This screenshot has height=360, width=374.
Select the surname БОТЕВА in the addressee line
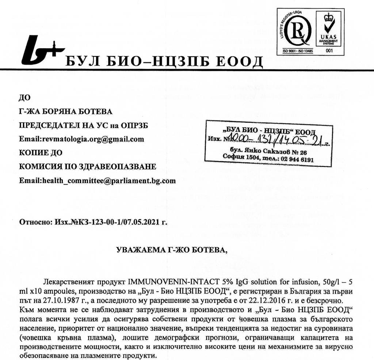coord(91,111)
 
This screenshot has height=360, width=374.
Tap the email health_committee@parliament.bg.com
coord(109,181)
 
